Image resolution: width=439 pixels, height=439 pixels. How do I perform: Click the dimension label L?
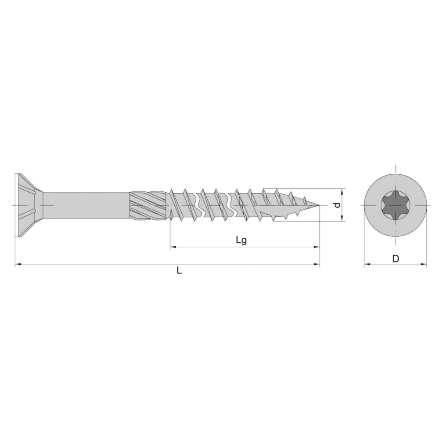179,270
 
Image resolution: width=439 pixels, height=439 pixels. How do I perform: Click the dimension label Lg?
241,240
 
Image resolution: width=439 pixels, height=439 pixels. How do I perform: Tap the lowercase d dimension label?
338,205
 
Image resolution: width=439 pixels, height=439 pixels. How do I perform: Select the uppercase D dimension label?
396,259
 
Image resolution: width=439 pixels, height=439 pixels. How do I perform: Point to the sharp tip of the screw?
319,205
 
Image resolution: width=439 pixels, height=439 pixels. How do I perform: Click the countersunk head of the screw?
29,205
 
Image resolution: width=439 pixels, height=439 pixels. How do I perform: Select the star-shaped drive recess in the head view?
395,205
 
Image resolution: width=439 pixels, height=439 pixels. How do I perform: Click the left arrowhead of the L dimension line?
18,264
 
